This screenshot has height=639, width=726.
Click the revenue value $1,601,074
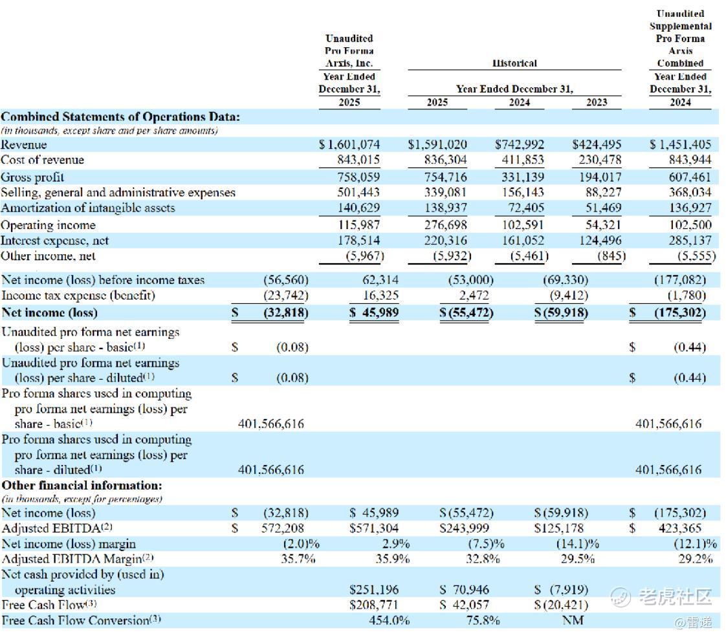(349, 145)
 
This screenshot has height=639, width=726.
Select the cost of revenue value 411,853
(523, 160)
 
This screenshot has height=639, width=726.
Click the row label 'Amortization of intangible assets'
(88, 208)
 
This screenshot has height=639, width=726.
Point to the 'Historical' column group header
(514, 63)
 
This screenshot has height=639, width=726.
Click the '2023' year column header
(596, 102)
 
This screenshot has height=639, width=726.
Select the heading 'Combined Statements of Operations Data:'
(120, 117)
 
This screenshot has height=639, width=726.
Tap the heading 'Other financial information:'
(82, 485)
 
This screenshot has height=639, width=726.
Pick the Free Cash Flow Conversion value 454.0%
(389, 621)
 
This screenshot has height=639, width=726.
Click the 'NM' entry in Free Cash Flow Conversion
(573, 621)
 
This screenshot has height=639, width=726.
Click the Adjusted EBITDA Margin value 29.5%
(578, 559)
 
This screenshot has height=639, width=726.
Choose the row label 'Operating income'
(48, 225)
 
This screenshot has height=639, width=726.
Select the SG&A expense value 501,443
(358, 193)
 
